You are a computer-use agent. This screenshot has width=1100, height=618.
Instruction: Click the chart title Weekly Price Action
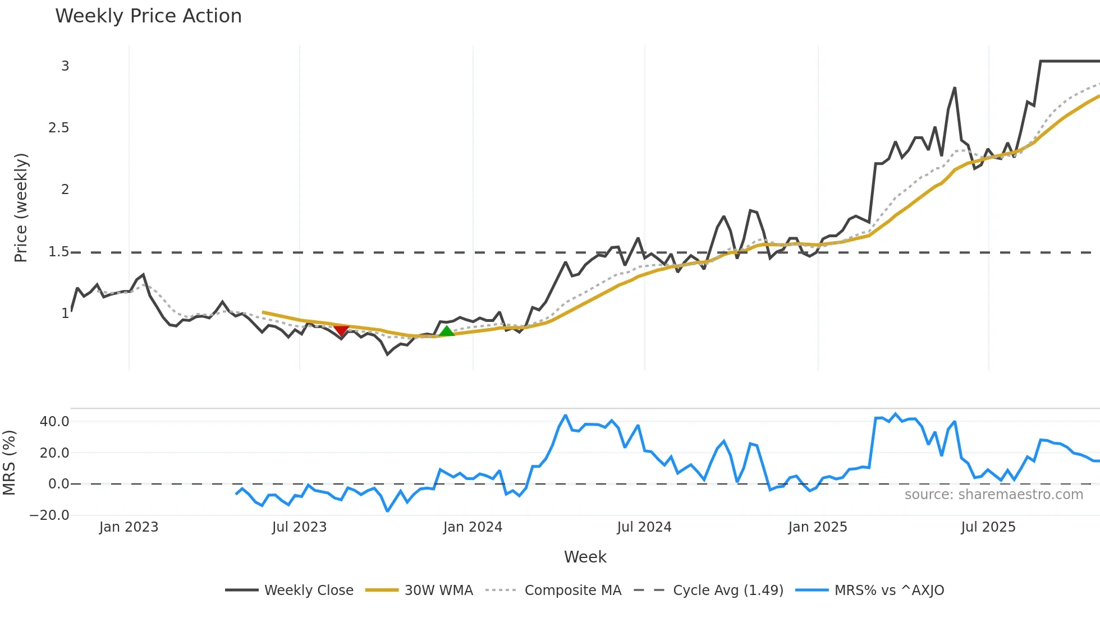click(x=148, y=16)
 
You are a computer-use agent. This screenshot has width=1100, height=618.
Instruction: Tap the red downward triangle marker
click(x=341, y=330)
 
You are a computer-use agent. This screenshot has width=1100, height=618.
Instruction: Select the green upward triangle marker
click(x=447, y=331)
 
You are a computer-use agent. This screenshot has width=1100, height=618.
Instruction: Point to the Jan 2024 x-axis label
click(x=473, y=527)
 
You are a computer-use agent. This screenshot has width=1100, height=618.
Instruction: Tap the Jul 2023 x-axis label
click(x=299, y=527)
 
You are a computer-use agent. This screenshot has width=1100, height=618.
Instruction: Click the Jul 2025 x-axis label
click(x=988, y=527)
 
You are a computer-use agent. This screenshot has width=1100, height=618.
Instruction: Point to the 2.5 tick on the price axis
click(x=59, y=128)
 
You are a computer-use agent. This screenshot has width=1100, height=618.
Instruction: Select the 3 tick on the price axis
click(x=65, y=66)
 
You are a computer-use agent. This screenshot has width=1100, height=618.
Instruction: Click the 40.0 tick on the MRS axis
click(x=54, y=422)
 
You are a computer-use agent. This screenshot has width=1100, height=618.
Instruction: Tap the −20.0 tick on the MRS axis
click(x=49, y=515)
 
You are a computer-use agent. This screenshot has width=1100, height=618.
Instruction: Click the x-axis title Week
click(x=585, y=557)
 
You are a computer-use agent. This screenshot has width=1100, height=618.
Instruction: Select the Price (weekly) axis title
click(x=21, y=207)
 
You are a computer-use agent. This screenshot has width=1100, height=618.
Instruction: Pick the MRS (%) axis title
click(x=9, y=463)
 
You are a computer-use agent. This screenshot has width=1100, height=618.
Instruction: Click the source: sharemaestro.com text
click(x=993, y=495)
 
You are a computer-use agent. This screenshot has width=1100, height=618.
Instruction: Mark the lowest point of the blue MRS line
click(x=387, y=511)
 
